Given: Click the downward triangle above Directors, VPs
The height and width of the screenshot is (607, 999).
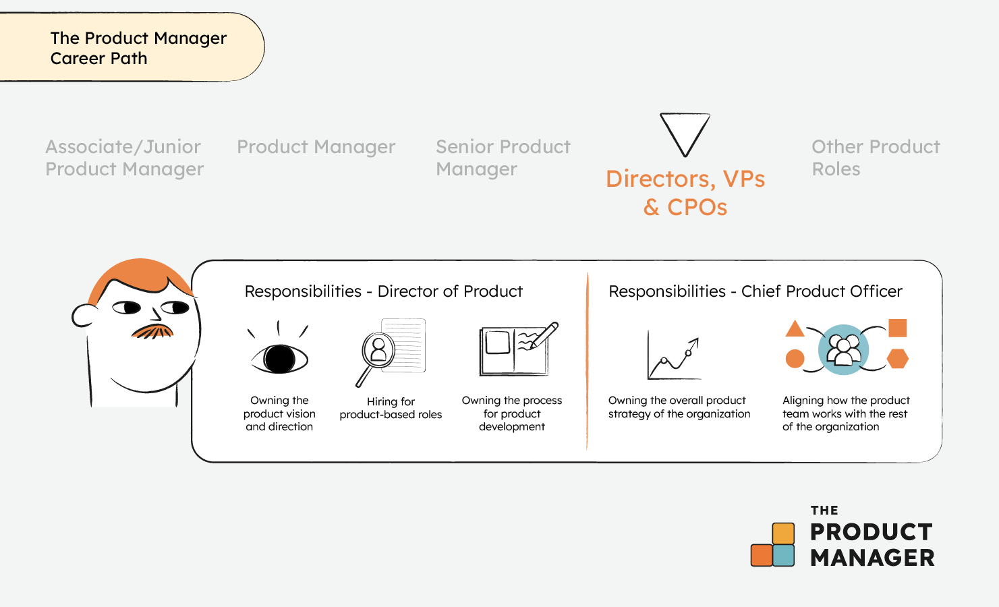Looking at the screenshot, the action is (685, 132).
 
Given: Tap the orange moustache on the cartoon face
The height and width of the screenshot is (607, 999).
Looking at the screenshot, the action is (152, 331).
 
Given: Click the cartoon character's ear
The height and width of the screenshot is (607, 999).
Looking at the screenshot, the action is (83, 316).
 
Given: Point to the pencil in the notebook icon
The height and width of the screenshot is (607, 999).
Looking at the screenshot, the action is (544, 335).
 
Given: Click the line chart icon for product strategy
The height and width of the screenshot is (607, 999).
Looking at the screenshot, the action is (674, 355).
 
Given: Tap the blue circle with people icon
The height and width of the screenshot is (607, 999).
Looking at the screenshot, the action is (843, 349).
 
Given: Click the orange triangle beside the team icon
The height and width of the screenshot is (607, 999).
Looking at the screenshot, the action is (795, 328).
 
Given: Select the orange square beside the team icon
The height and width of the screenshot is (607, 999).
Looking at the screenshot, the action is (897, 328).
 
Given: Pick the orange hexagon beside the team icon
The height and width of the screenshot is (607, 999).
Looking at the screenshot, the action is (897, 359).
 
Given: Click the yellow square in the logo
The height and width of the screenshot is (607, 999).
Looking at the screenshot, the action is (783, 533).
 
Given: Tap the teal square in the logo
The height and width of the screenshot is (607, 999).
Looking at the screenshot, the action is (783, 556).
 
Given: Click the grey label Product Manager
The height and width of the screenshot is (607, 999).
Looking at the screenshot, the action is (316, 147).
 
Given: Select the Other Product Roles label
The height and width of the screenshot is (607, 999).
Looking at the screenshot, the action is (876, 158).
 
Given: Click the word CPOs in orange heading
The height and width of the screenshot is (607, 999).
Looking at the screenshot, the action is (697, 207).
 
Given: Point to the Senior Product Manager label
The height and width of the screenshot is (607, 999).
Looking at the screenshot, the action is (503, 158).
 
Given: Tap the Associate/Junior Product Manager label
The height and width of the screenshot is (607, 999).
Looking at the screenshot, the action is (124, 158).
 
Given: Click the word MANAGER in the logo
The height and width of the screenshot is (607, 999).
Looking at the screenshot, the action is (872, 558).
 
